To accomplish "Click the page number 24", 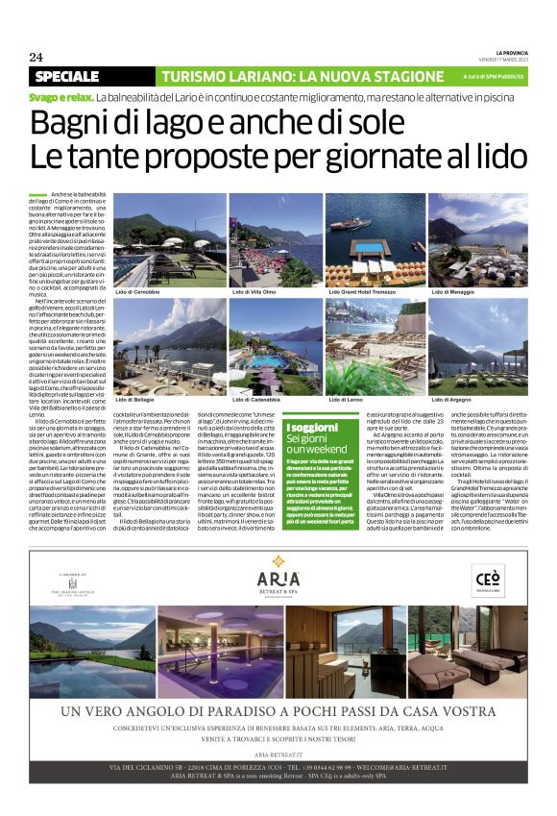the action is pyautogui.click(x=36, y=57).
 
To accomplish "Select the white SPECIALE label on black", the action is pyautogui.click(x=66, y=76).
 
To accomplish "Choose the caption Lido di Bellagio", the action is pyautogui.click(x=138, y=397).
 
